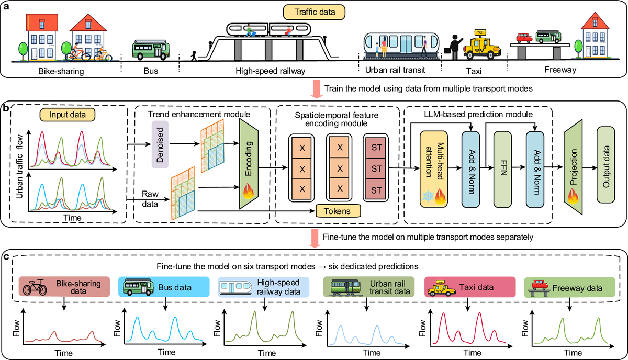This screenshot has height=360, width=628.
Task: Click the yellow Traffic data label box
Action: [314, 12]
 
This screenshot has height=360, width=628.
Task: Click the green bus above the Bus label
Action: [151, 50]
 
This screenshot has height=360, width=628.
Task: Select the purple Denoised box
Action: [160, 144]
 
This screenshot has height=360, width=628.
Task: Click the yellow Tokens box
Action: [338, 211]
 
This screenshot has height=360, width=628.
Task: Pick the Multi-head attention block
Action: [434, 169]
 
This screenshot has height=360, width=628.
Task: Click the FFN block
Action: [502, 170]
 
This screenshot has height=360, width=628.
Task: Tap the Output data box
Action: [606, 165]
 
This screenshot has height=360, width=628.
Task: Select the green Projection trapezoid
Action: [573, 167]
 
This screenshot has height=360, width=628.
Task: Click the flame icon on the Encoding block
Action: [249, 191]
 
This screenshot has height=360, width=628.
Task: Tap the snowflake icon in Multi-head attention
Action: [428, 196]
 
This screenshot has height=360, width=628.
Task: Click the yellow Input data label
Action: [68, 115]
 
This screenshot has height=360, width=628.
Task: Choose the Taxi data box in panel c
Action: [470, 287]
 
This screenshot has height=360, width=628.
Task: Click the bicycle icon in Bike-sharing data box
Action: [35, 287]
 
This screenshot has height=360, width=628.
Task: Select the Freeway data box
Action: [569, 287]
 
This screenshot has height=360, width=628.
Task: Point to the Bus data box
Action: [164, 287]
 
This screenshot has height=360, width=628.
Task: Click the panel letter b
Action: [6, 108]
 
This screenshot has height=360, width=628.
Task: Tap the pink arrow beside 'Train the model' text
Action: [317, 89]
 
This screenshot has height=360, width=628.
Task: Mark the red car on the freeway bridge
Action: [524, 38]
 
